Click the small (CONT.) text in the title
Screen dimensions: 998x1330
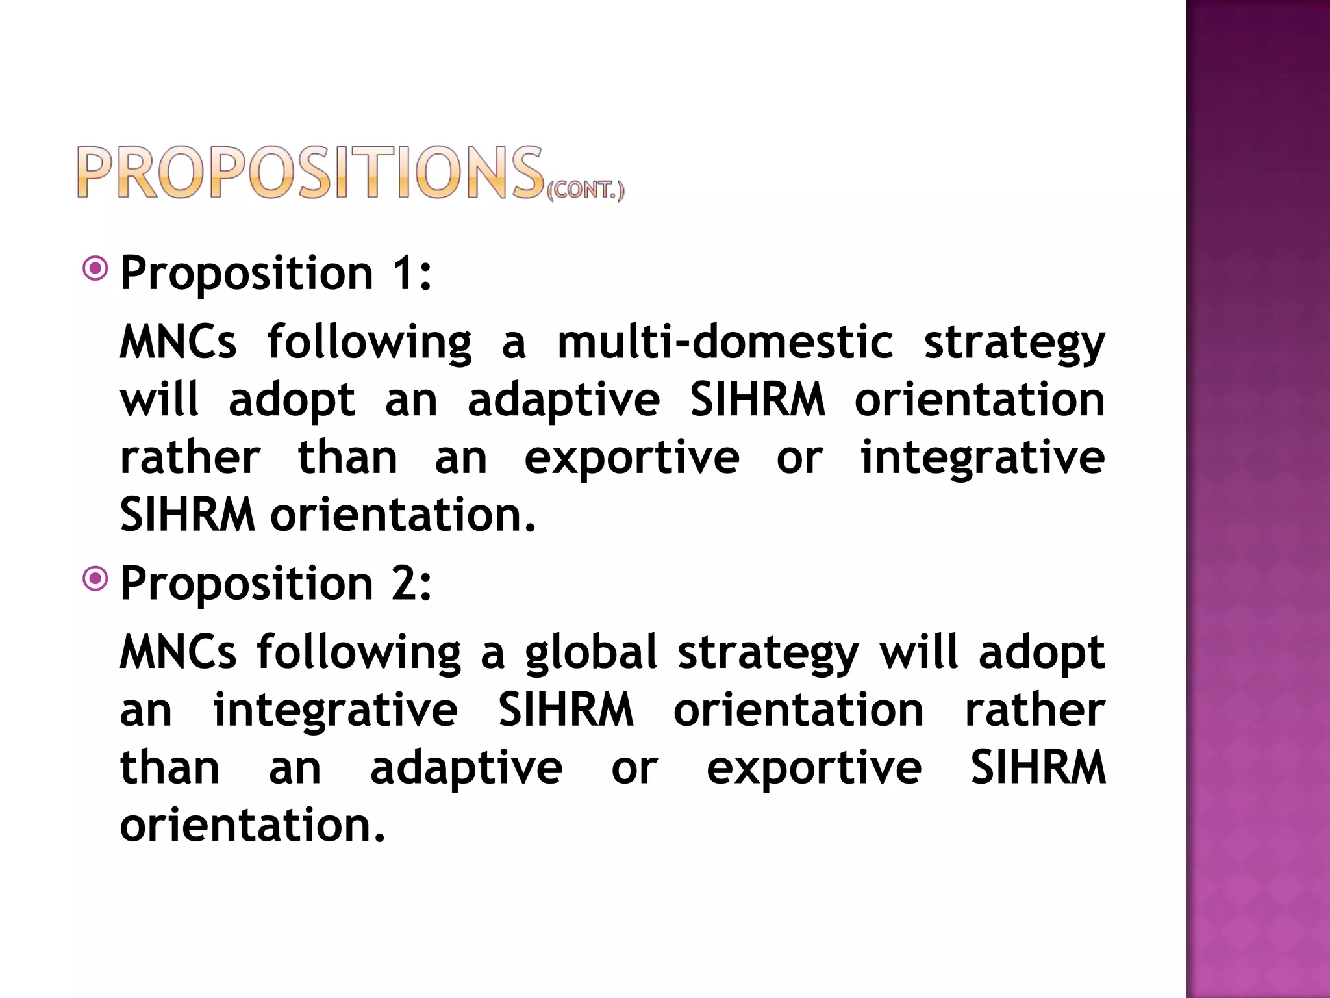pyautogui.click(x=585, y=190)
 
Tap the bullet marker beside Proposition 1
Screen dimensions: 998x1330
pyautogui.click(x=95, y=268)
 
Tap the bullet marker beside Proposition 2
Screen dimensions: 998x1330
pyautogui.click(x=95, y=578)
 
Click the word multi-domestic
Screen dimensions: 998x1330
pyautogui.click(x=725, y=342)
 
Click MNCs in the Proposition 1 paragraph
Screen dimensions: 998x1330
pyautogui.click(x=179, y=342)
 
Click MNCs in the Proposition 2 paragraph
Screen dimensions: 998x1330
pyautogui.click(x=179, y=652)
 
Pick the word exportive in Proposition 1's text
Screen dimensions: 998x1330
pyautogui.click(x=631, y=458)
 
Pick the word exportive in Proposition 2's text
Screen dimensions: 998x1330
pyautogui.click(x=814, y=768)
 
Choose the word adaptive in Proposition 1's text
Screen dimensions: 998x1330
pyautogui.click(x=564, y=400)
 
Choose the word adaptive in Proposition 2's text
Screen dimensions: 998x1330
pyautogui.click(x=466, y=768)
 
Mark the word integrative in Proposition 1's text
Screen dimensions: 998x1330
pyautogui.click(x=982, y=458)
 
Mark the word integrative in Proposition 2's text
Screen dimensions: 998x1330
pyautogui.click(x=335, y=710)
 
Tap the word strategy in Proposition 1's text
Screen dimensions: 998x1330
pyautogui.click(x=1014, y=342)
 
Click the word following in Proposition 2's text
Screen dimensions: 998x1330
pyautogui.click(x=359, y=652)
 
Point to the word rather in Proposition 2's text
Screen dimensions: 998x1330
pyautogui.click(x=1035, y=710)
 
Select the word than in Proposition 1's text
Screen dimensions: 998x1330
pyautogui.click(x=347, y=458)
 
